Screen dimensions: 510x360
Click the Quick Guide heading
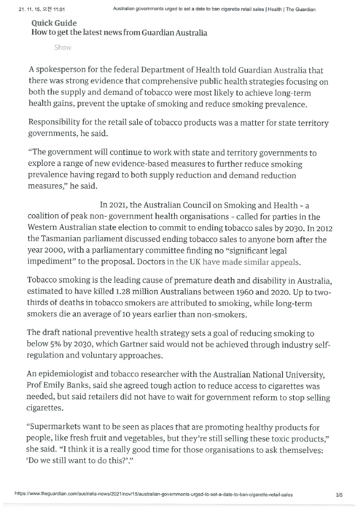54,23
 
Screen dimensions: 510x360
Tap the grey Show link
62,48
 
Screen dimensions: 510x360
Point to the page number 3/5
339,495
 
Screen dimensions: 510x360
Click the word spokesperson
59,71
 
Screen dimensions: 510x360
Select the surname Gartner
136,345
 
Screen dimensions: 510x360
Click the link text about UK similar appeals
234,261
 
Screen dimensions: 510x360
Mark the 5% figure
56,345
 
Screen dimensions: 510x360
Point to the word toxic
279,439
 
